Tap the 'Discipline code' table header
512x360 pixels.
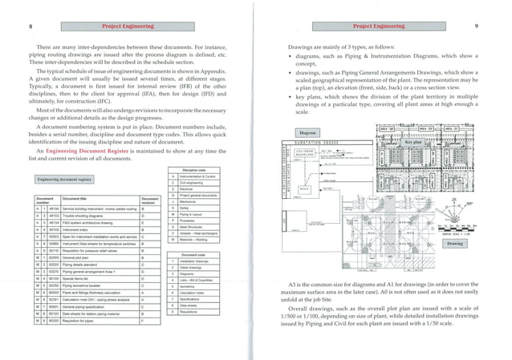coord(196,169)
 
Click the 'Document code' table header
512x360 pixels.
coord(196,254)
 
